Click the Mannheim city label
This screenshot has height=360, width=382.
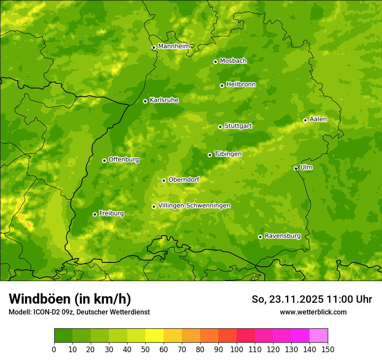pyautogui.click(x=174, y=46)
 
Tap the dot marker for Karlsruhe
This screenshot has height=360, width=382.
pyautogui.click(x=145, y=101)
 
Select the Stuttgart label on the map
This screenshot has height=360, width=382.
pyautogui.click(x=238, y=126)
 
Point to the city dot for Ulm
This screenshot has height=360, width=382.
pyautogui.click(x=296, y=168)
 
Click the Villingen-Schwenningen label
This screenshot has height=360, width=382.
pyautogui.click(x=194, y=205)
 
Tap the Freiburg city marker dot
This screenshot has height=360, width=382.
pyautogui.click(x=95, y=214)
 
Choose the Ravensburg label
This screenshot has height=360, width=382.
pyautogui.click(x=282, y=236)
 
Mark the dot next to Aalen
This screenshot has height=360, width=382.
pyautogui.click(x=305, y=120)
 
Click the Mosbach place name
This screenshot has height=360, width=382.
pyautogui.click(x=233, y=61)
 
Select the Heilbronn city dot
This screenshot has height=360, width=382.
pyautogui.click(x=222, y=85)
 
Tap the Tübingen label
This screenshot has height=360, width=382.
pyautogui.click(x=227, y=154)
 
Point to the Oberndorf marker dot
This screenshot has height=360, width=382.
pyautogui.click(x=164, y=180)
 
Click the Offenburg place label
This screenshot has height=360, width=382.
pyautogui.click(x=124, y=159)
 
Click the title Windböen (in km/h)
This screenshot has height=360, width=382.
pyautogui.click(x=69, y=299)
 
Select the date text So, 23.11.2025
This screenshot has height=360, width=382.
pyautogui.click(x=287, y=299)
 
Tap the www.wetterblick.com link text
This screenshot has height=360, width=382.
pyautogui.click(x=313, y=312)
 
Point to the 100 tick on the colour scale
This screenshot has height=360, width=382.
pyautogui.click(x=237, y=349)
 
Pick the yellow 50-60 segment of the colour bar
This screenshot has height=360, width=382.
pyautogui.click(x=155, y=336)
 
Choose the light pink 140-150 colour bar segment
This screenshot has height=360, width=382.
pyautogui.click(x=319, y=336)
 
